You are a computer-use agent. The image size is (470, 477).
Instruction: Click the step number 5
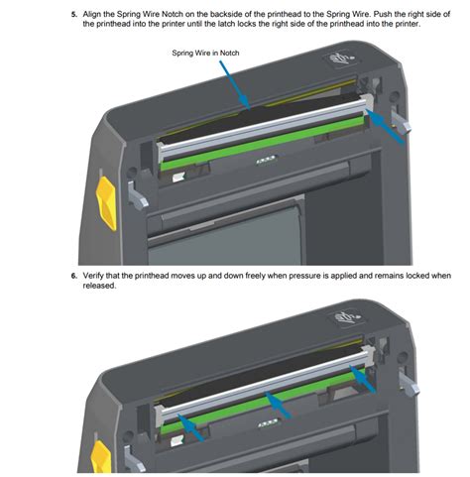(72, 16)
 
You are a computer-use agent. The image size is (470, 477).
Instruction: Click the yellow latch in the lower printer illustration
(100, 459)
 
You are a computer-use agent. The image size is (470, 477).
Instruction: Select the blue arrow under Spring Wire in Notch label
(232, 84)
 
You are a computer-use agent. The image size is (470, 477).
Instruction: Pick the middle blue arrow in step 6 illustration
(283, 404)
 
